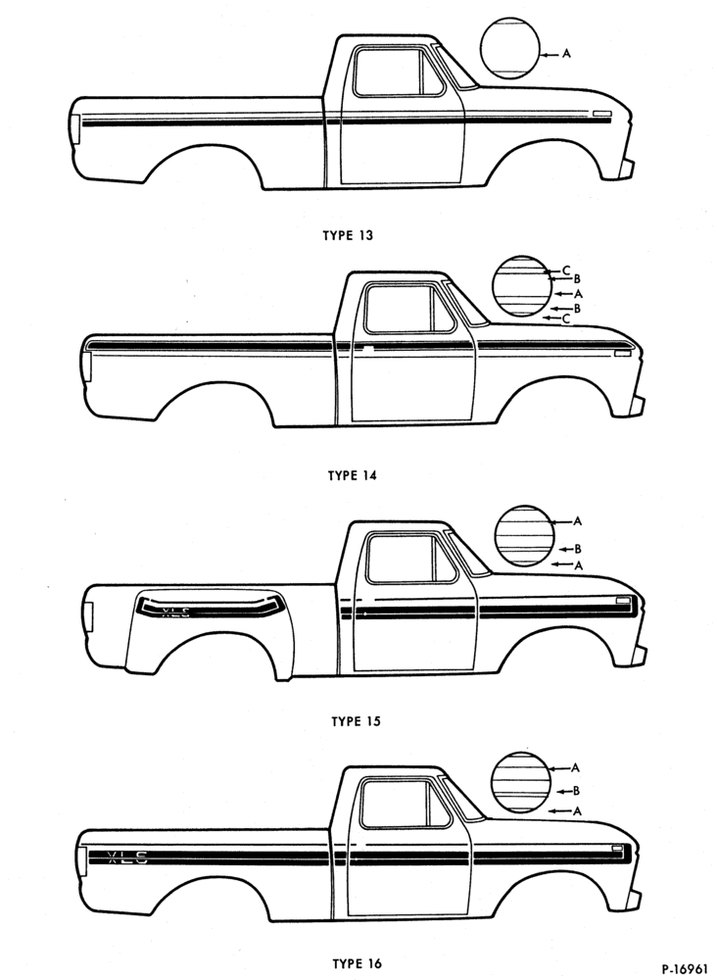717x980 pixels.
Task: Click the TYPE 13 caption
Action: click(348, 235)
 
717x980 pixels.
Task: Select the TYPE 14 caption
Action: click(353, 475)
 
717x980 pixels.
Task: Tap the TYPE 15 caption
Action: click(356, 722)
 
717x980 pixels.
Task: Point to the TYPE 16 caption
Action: click(357, 963)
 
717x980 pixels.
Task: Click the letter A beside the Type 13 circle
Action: click(566, 54)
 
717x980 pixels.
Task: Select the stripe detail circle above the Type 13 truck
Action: click(510, 48)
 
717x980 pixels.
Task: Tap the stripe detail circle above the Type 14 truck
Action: click(522, 285)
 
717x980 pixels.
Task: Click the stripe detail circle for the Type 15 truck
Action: click(525, 536)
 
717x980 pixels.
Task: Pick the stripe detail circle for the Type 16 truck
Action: click(521, 782)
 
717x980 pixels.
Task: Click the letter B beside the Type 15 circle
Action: click(578, 550)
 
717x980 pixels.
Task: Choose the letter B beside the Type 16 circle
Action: click(577, 791)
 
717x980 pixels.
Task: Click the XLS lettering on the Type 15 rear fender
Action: click(175, 612)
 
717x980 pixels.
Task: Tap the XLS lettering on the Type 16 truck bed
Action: click(127, 857)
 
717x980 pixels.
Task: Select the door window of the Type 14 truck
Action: click(409, 308)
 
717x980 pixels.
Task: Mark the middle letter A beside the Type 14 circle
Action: click(578, 293)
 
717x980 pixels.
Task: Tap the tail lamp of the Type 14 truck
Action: click(87, 367)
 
